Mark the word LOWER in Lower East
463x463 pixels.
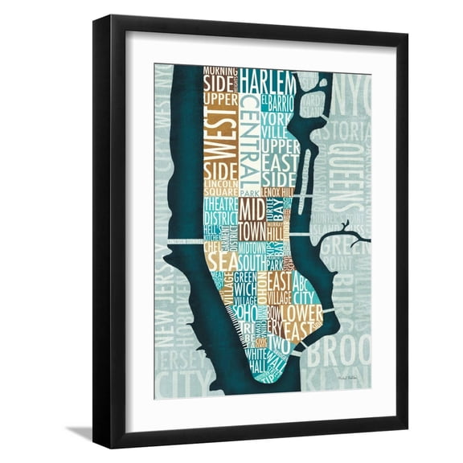tap(302, 312)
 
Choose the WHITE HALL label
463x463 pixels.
tap(258, 361)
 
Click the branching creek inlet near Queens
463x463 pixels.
tap(344, 234)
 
